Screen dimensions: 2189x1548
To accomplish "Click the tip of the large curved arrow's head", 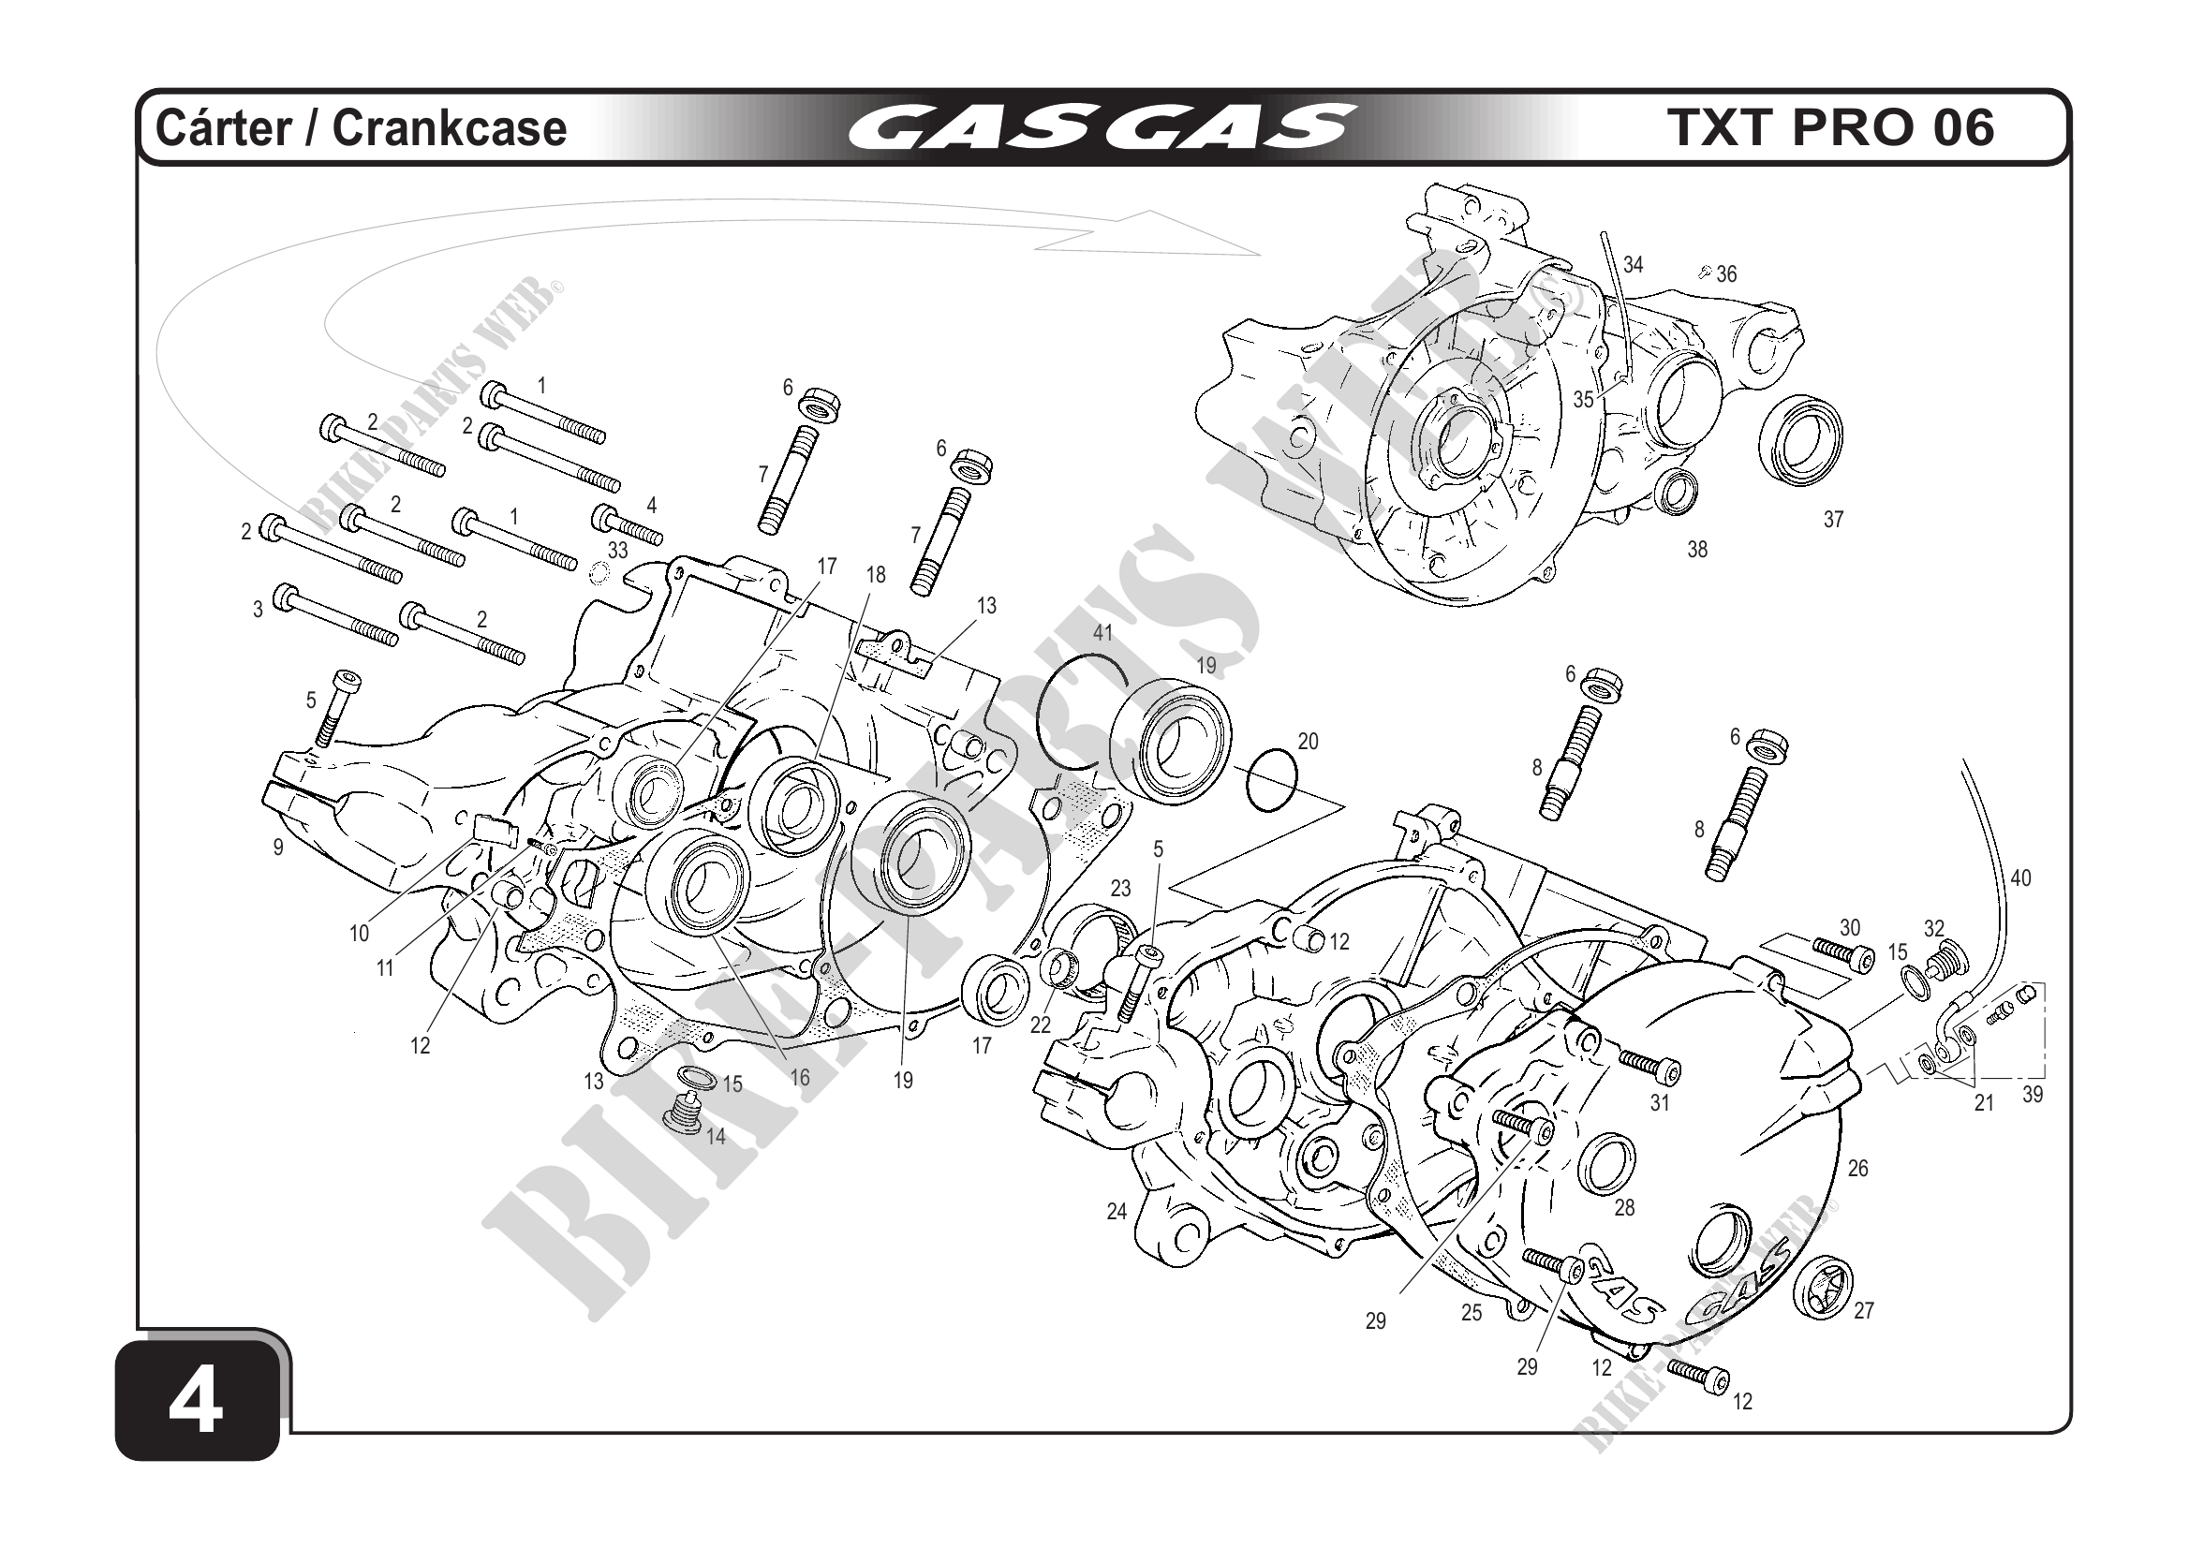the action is [1261, 256].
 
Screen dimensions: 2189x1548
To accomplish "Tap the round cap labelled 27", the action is [1822, 1288].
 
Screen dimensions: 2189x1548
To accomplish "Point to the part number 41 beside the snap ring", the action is [1103, 633].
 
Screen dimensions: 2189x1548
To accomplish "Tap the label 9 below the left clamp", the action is [278, 847].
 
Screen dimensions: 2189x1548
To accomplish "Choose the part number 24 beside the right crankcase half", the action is [1117, 1212].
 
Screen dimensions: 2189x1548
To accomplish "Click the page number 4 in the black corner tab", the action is [197, 1404].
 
